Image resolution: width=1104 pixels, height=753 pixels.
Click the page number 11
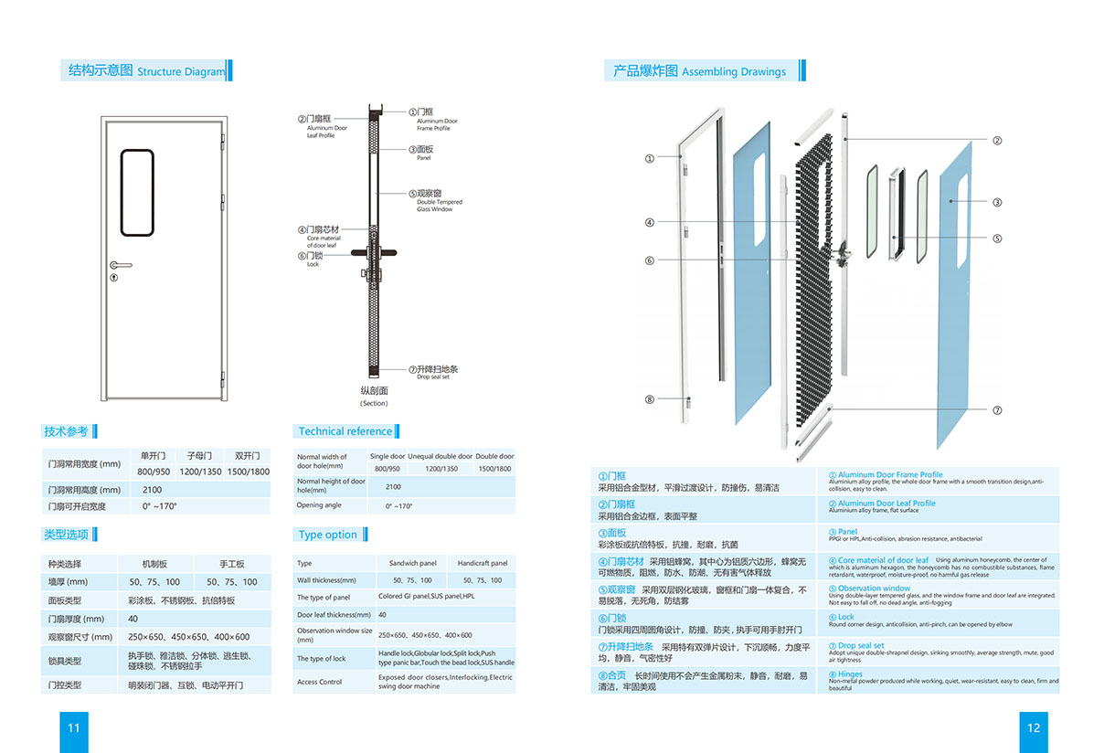74,728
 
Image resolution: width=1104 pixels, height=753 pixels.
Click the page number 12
1034,728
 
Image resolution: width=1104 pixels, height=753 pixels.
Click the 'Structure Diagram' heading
180,71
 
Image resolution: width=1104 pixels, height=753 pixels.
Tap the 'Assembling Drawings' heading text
733,71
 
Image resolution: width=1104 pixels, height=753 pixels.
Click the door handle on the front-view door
119,266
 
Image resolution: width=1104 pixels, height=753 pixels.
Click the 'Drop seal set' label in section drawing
432,376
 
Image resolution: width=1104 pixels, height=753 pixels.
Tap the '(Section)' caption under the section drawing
374,403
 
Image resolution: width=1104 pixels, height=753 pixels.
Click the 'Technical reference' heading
345,431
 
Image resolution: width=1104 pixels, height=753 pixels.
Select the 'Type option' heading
327,535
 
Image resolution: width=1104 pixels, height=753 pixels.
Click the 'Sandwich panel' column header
412,564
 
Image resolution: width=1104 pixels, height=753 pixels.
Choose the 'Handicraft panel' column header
482,564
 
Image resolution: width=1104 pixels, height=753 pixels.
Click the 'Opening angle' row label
319,505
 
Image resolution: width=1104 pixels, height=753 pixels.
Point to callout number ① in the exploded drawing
650,158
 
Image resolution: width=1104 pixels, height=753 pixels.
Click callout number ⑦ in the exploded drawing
997,410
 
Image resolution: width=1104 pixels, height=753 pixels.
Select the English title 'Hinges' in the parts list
849,674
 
